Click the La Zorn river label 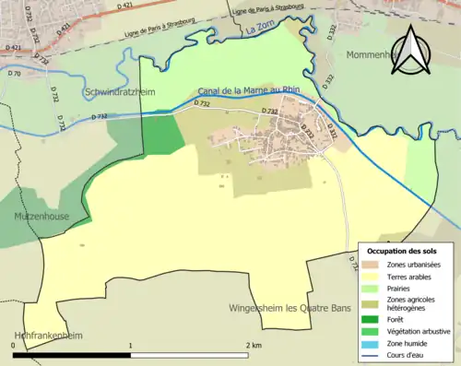(x=262, y=31)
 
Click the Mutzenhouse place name (x=41, y=216)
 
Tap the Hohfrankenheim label (x=42, y=336)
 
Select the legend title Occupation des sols (x=404, y=251)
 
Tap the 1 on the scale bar (x=130, y=345)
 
